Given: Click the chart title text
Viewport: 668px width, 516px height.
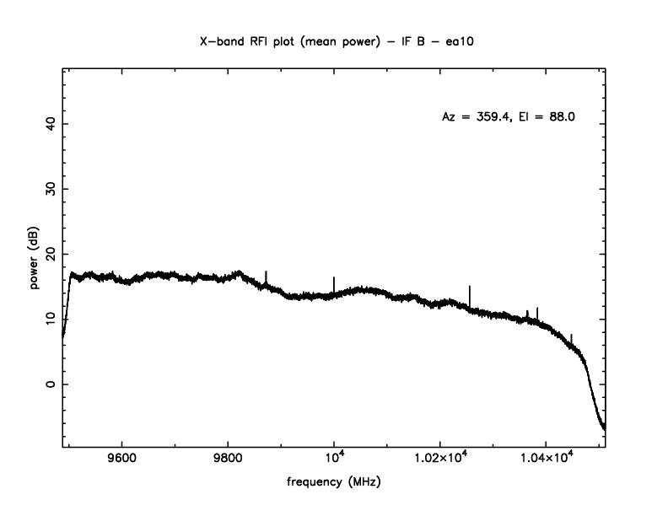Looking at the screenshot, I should (333, 40).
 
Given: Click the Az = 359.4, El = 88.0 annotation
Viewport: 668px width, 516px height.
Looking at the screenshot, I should (509, 117).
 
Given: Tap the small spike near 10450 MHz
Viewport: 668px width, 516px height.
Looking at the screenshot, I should (571, 337).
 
